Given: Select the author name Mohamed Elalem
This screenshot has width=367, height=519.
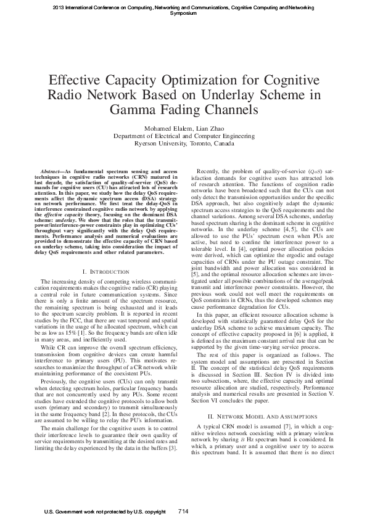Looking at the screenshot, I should tap(166, 128).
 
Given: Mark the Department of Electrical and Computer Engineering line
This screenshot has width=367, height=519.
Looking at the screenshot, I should tap(184, 136).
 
